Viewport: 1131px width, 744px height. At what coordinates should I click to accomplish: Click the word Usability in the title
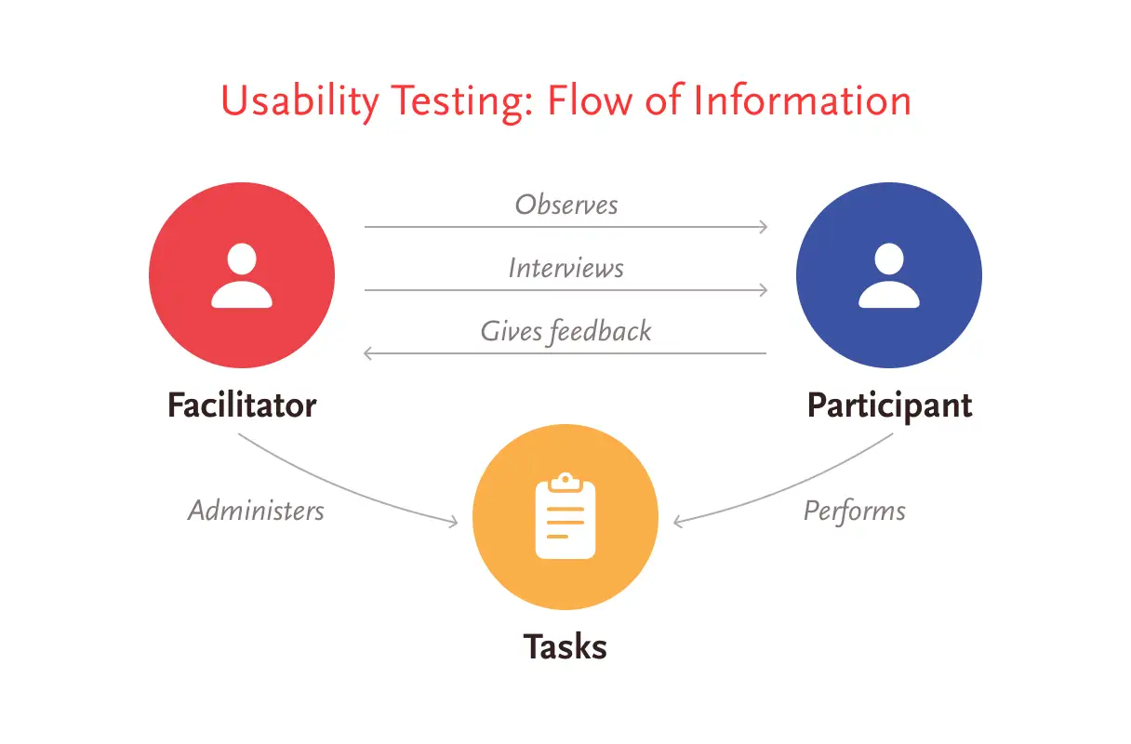click(x=299, y=101)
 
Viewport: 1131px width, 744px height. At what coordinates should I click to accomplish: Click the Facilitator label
click(x=242, y=405)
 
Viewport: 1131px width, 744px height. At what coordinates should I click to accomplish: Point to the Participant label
click(x=890, y=406)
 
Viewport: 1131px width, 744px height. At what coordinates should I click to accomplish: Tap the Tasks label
click(x=565, y=646)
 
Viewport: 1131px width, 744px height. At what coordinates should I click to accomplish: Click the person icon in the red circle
click(x=242, y=275)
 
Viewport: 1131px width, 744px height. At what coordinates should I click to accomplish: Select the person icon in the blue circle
click(x=889, y=275)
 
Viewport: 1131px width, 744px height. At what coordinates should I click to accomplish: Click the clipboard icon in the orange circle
click(x=565, y=516)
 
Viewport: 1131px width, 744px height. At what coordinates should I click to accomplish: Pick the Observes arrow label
click(x=566, y=205)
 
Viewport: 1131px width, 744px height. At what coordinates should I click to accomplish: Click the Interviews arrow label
click(x=566, y=268)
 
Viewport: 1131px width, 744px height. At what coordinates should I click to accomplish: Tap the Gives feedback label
click(x=566, y=332)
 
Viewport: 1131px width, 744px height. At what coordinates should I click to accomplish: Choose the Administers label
click(x=256, y=511)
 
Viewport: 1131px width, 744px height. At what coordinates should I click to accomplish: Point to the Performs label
click(x=855, y=511)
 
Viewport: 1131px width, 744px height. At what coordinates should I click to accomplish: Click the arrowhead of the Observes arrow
click(x=765, y=227)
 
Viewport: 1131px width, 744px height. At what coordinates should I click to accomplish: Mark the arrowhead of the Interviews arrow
click(x=765, y=290)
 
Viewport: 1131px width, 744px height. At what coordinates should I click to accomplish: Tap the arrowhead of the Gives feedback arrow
click(x=367, y=353)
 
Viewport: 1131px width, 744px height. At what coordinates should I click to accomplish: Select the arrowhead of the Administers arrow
click(x=455, y=522)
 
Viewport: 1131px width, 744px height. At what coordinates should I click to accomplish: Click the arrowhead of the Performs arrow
click(x=678, y=522)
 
